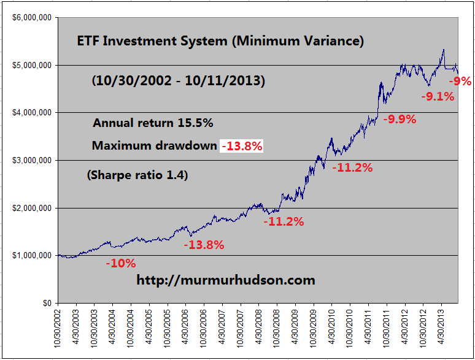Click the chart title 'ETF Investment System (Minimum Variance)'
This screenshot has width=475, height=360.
[x=220, y=42]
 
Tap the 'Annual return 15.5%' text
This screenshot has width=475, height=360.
[x=153, y=123]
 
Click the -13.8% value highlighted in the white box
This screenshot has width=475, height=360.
[x=242, y=146]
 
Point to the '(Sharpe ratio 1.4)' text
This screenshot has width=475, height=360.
[x=137, y=175]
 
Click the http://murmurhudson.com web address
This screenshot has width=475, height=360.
[x=225, y=280]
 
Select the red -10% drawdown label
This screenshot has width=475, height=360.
[x=120, y=264]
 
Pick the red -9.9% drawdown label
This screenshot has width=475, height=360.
[x=400, y=120]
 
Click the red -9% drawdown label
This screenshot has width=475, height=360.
[x=460, y=80]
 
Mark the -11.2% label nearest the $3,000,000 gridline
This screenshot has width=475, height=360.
[x=352, y=167]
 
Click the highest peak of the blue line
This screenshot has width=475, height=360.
[x=443, y=50]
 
